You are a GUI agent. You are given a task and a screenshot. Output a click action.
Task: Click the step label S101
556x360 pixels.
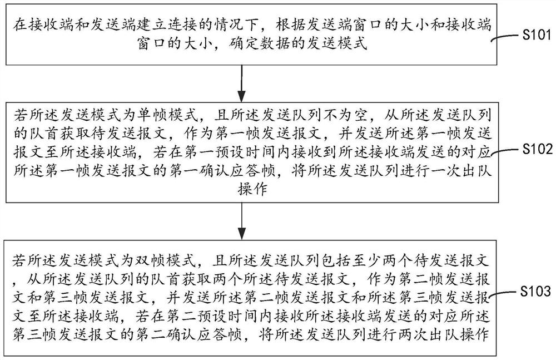tap(537, 35)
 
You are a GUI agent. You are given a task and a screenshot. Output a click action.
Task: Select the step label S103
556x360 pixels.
tap(535, 292)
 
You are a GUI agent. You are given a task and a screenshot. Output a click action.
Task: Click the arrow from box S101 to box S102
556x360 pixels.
tap(241, 83)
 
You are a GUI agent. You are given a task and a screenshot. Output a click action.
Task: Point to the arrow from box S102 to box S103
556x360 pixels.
tap(241, 221)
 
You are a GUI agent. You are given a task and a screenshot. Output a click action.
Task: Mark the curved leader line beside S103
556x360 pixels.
tap(505, 294)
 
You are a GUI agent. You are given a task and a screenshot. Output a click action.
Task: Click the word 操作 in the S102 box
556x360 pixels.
tap(252, 189)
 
